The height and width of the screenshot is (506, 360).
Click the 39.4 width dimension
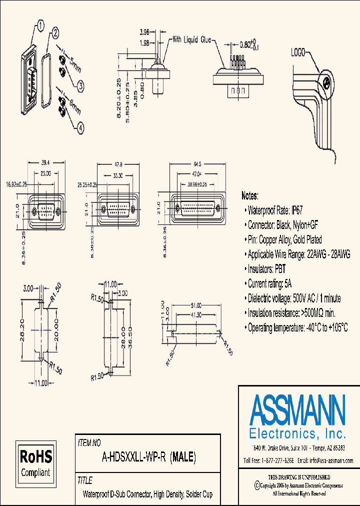45,163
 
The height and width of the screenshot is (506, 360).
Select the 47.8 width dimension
118,164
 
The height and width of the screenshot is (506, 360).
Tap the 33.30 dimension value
118,175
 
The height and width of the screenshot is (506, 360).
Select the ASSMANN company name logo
298,410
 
